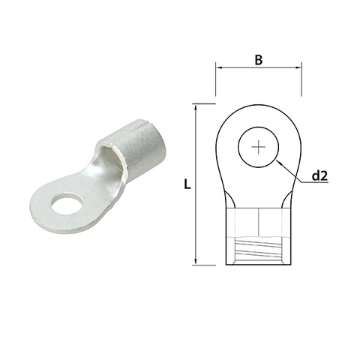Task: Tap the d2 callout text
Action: [x=320, y=177]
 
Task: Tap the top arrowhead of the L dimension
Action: [x=196, y=106]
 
